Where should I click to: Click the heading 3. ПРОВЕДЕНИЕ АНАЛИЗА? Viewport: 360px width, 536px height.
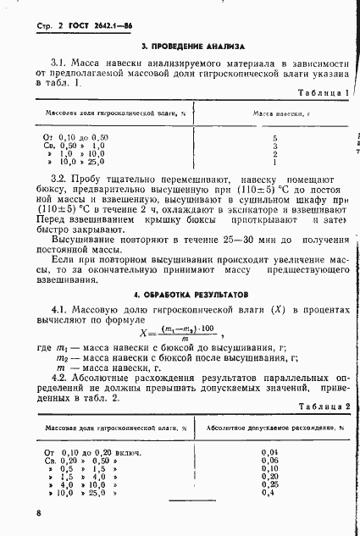pyautogui.click(x=192, y=47)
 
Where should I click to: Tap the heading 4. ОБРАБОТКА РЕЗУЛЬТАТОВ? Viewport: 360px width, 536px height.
pyautogui.click(x=192, y=295)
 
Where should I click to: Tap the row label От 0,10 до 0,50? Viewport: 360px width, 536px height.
pyautogui.click(x=75, y=136)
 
